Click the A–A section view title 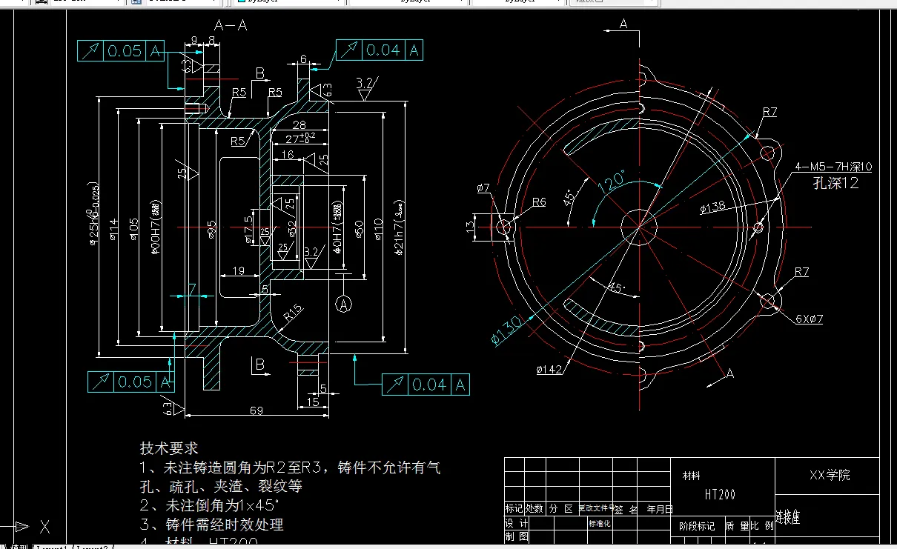click(230, 25)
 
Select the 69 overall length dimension click(256, 410)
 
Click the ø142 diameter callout click(549, 368)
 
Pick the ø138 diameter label click(712, 209)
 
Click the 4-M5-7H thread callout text click(833, 167)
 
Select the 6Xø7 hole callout click(810, 319)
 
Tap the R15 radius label click(294, 313)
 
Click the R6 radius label click(538, 202)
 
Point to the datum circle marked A click(343, 303)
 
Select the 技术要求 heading click(169, 448)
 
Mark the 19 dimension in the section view click(238, 270)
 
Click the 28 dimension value click(299, 124)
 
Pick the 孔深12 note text click(835, 183)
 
